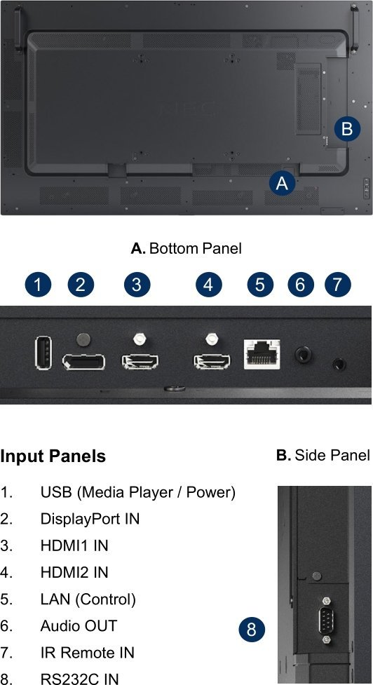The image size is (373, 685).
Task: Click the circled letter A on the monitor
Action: tap(282, 183)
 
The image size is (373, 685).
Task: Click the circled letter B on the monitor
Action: tap(347, 129)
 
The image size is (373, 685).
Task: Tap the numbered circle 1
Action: tap(38, 285)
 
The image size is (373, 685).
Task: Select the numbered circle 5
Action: tap(260, 285)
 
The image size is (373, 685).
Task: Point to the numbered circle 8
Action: tap(252, 630)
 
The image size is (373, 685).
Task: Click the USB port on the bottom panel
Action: tap(43, 353)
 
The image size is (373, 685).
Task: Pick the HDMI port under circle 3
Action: tap(140, 362)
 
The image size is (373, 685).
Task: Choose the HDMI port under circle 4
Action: tap(212, 362)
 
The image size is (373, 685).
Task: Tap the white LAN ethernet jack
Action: tap(262, 354)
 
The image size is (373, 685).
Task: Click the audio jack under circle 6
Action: tap(302, 354)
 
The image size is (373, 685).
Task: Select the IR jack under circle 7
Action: tap(338, 363)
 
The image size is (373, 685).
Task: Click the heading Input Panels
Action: tap(53, 456)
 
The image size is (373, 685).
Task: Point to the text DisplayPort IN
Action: tap(90, 519)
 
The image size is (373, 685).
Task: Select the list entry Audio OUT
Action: tap(79, 625)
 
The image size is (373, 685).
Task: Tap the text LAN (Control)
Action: tap(88, 599)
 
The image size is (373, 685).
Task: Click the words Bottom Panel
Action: tap(195, 249)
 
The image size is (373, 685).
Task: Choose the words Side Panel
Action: tap(332, 455)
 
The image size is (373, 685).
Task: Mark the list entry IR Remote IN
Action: tap(88, 653)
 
